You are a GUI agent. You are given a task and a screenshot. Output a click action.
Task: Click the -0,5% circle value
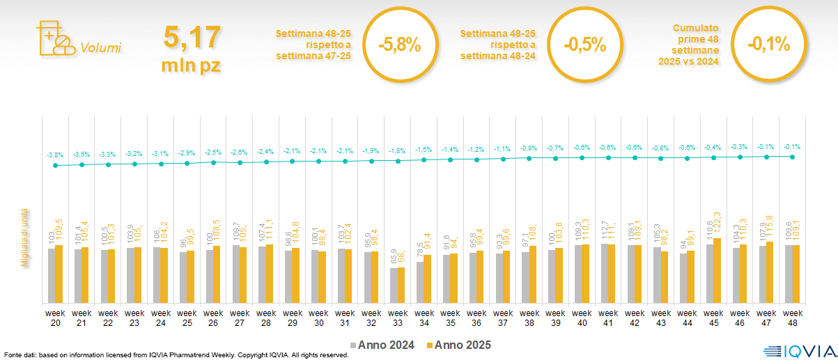[584, 45]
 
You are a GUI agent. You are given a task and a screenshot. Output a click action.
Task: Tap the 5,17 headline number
[192, 36]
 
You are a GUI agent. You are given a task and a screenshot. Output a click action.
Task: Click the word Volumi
[100, 48]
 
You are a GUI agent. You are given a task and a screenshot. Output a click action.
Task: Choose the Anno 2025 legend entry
[459, 345]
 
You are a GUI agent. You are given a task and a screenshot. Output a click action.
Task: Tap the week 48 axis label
[792, 318]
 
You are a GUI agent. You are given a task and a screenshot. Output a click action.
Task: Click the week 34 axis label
[424, 318]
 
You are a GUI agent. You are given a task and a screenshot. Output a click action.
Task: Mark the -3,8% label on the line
[55, 155]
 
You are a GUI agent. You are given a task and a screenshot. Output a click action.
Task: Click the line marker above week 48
[792, 157]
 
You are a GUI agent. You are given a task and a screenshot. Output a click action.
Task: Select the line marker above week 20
[56, 166]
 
